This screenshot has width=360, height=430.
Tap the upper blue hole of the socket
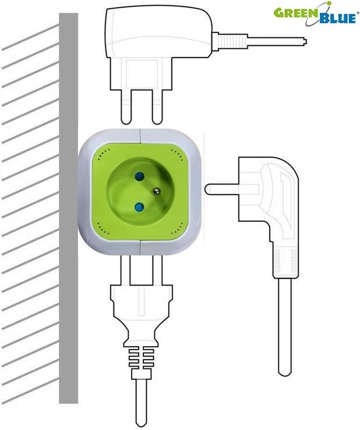click(139, 175)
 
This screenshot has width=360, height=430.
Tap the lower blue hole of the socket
click(139, 207)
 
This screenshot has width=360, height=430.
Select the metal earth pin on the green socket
click(156, 190)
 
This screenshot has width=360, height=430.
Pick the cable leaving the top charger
click(268, 40)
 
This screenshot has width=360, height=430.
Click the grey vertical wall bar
click(69, 209)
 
